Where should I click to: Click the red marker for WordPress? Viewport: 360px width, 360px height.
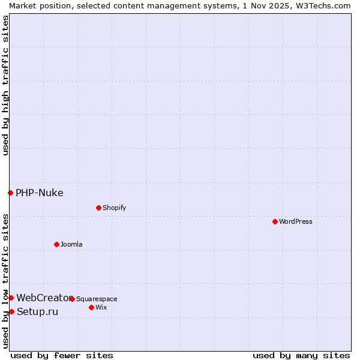point(275,221)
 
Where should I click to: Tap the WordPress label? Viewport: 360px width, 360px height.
point(296,221)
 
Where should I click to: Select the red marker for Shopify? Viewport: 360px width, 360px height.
point(98,208)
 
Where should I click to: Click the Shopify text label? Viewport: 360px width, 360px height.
point(114,208)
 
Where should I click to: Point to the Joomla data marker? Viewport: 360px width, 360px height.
point(56,244)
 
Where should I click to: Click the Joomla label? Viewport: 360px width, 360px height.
point(71,244)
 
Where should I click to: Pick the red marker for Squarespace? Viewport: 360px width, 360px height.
point(72,299)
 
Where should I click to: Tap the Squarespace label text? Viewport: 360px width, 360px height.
point(97,299)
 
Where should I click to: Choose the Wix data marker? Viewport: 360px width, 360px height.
point(91,307)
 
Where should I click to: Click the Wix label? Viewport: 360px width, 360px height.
point(101,307)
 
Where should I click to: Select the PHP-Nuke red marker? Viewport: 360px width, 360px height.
point(10,193)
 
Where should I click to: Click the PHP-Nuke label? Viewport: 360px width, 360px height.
point(40,193)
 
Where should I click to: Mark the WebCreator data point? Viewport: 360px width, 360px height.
point(11,298)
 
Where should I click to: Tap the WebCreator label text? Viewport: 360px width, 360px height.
point(43,298)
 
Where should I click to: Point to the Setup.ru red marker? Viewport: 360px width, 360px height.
point(11,311)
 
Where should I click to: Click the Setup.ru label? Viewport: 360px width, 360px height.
point(38,311)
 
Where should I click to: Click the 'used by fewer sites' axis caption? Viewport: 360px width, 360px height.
point(62,355)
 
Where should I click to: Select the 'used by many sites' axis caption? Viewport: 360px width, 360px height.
point(301,355)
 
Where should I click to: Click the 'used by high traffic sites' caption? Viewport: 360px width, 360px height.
point(5,85)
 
